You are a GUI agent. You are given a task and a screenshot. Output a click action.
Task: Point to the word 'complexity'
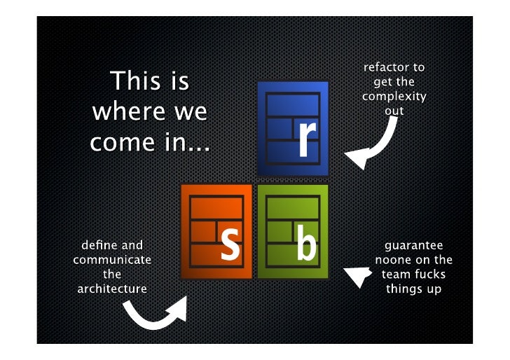click(394, 96)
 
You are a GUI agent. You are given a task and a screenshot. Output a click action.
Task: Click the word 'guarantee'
click(413, 246)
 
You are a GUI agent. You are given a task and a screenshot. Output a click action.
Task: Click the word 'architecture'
click(112, 289)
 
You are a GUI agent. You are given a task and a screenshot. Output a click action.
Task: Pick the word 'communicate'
click(112, 260)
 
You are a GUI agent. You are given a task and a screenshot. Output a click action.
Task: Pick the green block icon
click(292, 231)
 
